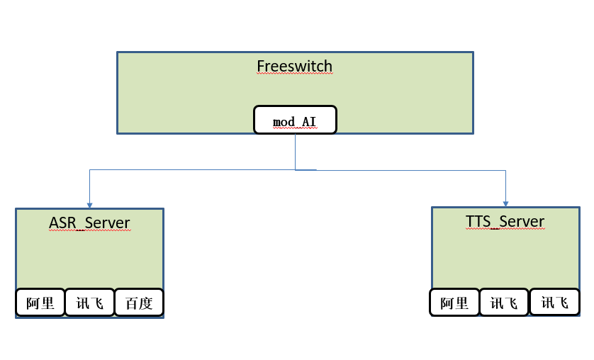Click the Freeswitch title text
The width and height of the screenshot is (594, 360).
click(294, 67)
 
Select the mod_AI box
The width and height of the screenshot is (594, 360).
click(295, 121)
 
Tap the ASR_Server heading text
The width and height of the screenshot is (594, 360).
click(89, 223)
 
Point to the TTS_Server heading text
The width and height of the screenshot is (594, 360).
click(505, 221)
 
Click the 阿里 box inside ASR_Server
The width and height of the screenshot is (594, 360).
click(40, 303)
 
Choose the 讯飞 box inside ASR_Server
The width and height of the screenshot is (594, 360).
click(89, 303)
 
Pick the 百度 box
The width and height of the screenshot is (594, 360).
click(139, 303)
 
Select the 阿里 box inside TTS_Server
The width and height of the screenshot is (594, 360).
click(454, 303)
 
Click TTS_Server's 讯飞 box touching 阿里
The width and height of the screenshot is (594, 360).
click(504, 303)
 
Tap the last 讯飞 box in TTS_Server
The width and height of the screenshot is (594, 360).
click(554, 303)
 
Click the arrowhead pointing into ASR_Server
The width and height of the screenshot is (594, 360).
click(89, 204)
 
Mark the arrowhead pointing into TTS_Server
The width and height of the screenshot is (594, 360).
click(505, 203)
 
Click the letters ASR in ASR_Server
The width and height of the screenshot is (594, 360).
click(62, 223)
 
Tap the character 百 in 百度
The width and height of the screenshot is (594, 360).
click(132, 303)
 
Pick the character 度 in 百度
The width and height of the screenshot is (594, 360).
click(145, 303)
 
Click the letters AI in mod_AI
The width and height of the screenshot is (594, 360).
click(309, 122)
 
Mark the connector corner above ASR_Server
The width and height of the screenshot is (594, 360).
click(89, 170)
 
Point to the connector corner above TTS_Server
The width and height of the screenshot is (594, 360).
click(505, 170)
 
